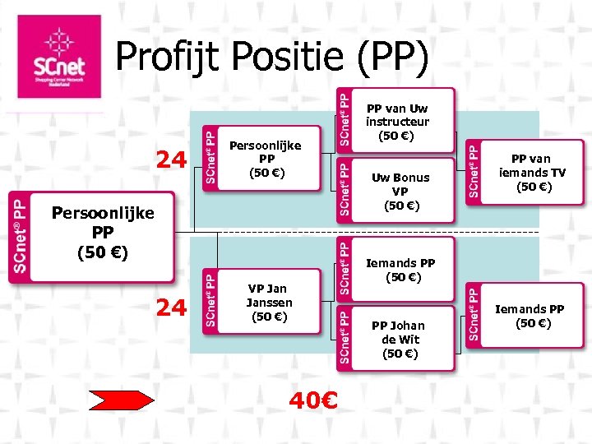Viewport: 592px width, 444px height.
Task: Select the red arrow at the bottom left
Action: coord(122,400)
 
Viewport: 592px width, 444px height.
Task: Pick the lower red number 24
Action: coord(171,308)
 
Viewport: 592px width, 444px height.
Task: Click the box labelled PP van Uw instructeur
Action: coord(397,122)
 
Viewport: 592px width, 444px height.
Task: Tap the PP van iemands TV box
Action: coord(532,173)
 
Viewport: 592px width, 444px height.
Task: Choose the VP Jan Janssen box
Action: coord(266,302)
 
